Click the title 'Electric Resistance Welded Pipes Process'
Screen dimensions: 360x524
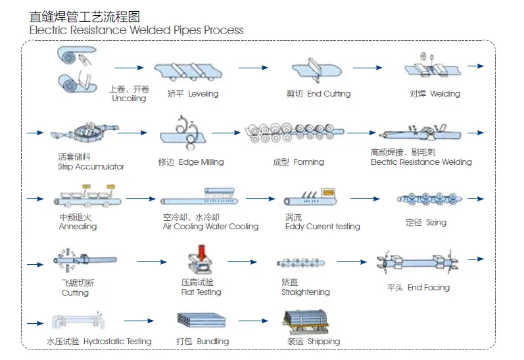136,30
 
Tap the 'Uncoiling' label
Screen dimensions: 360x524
129,99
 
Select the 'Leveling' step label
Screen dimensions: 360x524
203,94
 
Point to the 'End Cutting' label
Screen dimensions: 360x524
329,94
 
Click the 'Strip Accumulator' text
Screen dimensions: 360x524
91,167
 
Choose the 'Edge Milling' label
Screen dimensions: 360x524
201,162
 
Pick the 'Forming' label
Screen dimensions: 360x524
308,162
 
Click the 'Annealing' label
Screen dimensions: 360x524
78,227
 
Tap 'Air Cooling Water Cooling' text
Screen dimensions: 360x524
210,227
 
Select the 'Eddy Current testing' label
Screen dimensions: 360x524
322,227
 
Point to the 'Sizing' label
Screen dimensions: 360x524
436,223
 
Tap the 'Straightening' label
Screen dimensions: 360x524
305,292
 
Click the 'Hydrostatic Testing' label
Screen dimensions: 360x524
117,342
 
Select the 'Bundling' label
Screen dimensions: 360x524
212,342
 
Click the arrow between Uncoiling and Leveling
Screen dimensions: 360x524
129,68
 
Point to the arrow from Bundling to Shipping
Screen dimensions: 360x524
253,321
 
